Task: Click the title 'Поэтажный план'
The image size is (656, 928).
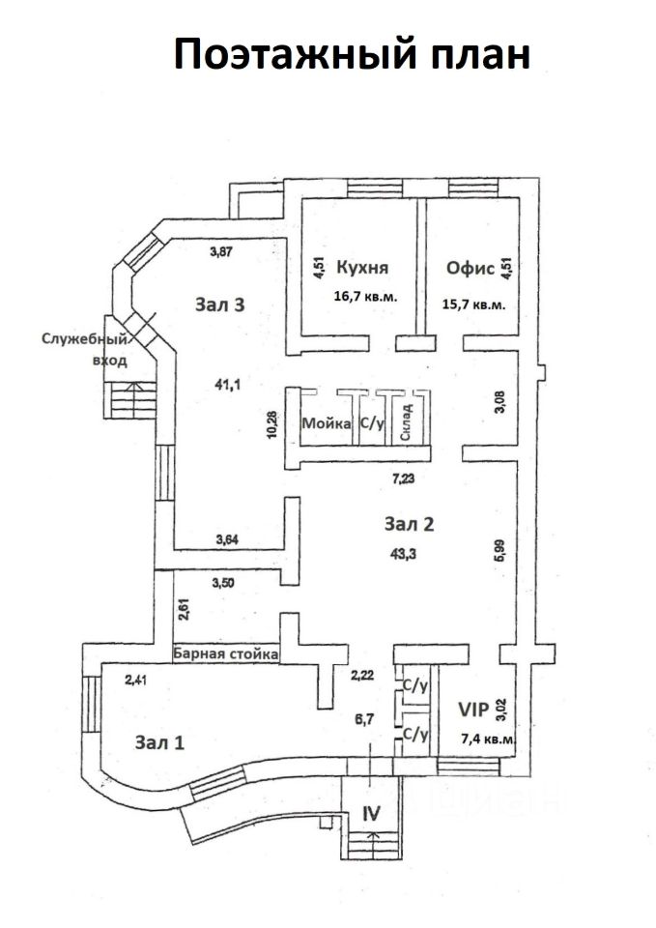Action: point(352,54)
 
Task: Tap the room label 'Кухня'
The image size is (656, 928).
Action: point(362,268)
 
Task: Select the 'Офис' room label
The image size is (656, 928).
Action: point(470,268)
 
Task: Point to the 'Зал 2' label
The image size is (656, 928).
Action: point(410,524)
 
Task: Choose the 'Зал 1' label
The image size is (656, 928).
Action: point(159,742)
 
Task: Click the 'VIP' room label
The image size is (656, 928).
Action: point(473,709)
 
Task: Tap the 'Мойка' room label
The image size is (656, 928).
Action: point(326,423)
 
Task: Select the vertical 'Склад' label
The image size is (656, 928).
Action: point(406,422)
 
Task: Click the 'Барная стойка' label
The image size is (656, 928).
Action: point(225,654)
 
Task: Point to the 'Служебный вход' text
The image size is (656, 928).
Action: point(85,350)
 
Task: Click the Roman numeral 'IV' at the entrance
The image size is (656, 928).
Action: point(372,813)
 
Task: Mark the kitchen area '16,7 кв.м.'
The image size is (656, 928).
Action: point(365,296)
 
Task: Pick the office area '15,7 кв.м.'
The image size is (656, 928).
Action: point(473,304)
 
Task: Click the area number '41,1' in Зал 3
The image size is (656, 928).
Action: point(227,385)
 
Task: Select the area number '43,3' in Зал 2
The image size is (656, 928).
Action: point(403,554)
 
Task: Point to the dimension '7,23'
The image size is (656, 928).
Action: point(404,478)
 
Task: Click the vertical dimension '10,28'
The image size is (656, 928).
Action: point(271,423)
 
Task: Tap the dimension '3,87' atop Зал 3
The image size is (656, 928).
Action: point(221,251)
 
